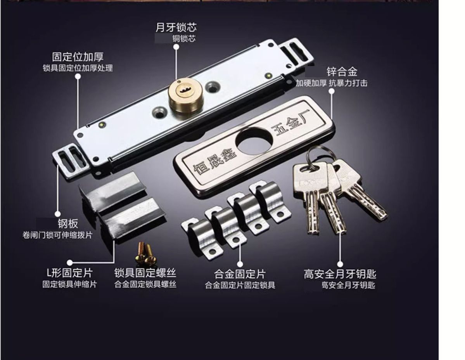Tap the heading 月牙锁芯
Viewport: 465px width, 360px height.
176,27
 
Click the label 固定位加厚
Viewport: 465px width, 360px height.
78,57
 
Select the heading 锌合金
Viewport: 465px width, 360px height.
342,72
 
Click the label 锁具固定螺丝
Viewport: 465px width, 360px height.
145,273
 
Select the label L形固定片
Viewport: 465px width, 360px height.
70,273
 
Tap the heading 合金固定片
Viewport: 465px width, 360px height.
240,274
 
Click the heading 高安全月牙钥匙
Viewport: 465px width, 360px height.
340,274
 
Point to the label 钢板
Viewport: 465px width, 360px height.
68,223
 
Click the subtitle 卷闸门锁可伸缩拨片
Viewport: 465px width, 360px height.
57,235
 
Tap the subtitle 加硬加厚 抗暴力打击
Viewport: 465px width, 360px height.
332,83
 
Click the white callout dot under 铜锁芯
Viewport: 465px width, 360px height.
176,47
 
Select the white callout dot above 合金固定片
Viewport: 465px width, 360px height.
240,264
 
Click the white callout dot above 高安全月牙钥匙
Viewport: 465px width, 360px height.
340,264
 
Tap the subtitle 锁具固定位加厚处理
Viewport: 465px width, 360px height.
78,68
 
